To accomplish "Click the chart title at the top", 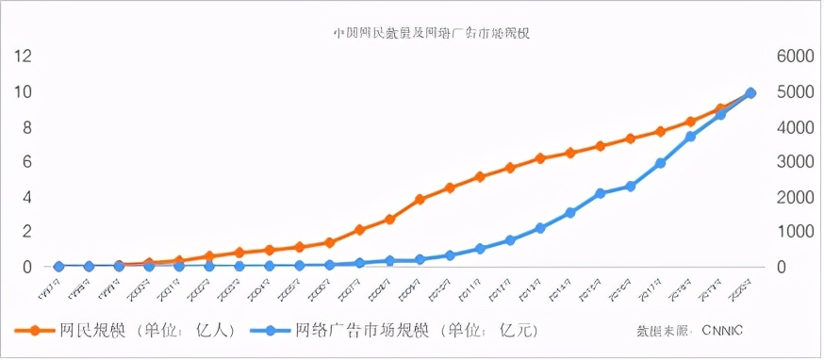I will point(433,32).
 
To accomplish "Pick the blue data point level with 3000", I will point(661,163).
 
